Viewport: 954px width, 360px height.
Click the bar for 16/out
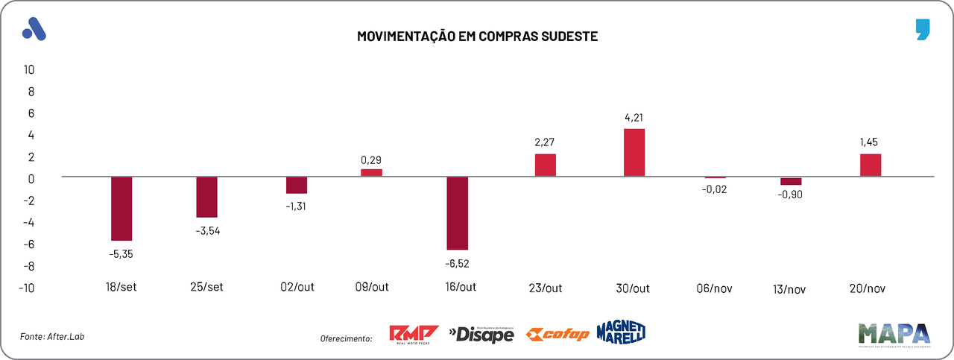tap(457, 213)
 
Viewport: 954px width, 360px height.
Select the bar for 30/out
tap(634, 153)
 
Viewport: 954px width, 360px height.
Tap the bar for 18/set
tap(121, 209)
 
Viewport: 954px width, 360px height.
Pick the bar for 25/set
tap(206, 197)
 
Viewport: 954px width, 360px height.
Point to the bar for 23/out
tap(546, 165)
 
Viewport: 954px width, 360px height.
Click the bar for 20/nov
tap(871, 165)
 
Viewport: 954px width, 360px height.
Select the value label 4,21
tap(634, 117)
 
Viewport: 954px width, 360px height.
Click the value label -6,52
tap(457, 262)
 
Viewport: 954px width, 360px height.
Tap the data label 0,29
tap(371, 160)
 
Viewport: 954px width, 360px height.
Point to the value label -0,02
tap(715, 189)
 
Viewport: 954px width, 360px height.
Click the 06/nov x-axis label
tap(715, 288)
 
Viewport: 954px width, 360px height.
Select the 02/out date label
tap(297, 288)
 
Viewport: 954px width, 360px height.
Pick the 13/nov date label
tap(791, 288)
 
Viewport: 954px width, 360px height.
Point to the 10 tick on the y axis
tap(29, 70)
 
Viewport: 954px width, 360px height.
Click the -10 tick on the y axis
tap(27, 288)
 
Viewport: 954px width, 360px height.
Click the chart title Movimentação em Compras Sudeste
tap(477, 36)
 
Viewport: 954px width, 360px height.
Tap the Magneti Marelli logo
tap(621, 332)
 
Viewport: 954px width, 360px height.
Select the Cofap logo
tap(557, 335)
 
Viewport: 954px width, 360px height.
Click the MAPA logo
tap(894, 334)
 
